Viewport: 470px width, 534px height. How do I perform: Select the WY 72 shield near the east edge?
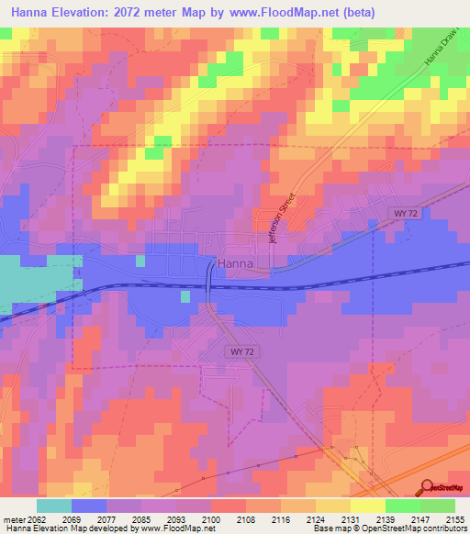pyautogui.click(x=404, y=213)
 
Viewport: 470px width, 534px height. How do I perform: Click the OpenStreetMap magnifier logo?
pyautogui.click(x=426, y=486)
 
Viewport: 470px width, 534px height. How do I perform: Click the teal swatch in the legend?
pyautogui.click(x=53, y=506)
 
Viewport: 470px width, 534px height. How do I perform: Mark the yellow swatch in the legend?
pyautogui.click(x=367, y=506)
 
